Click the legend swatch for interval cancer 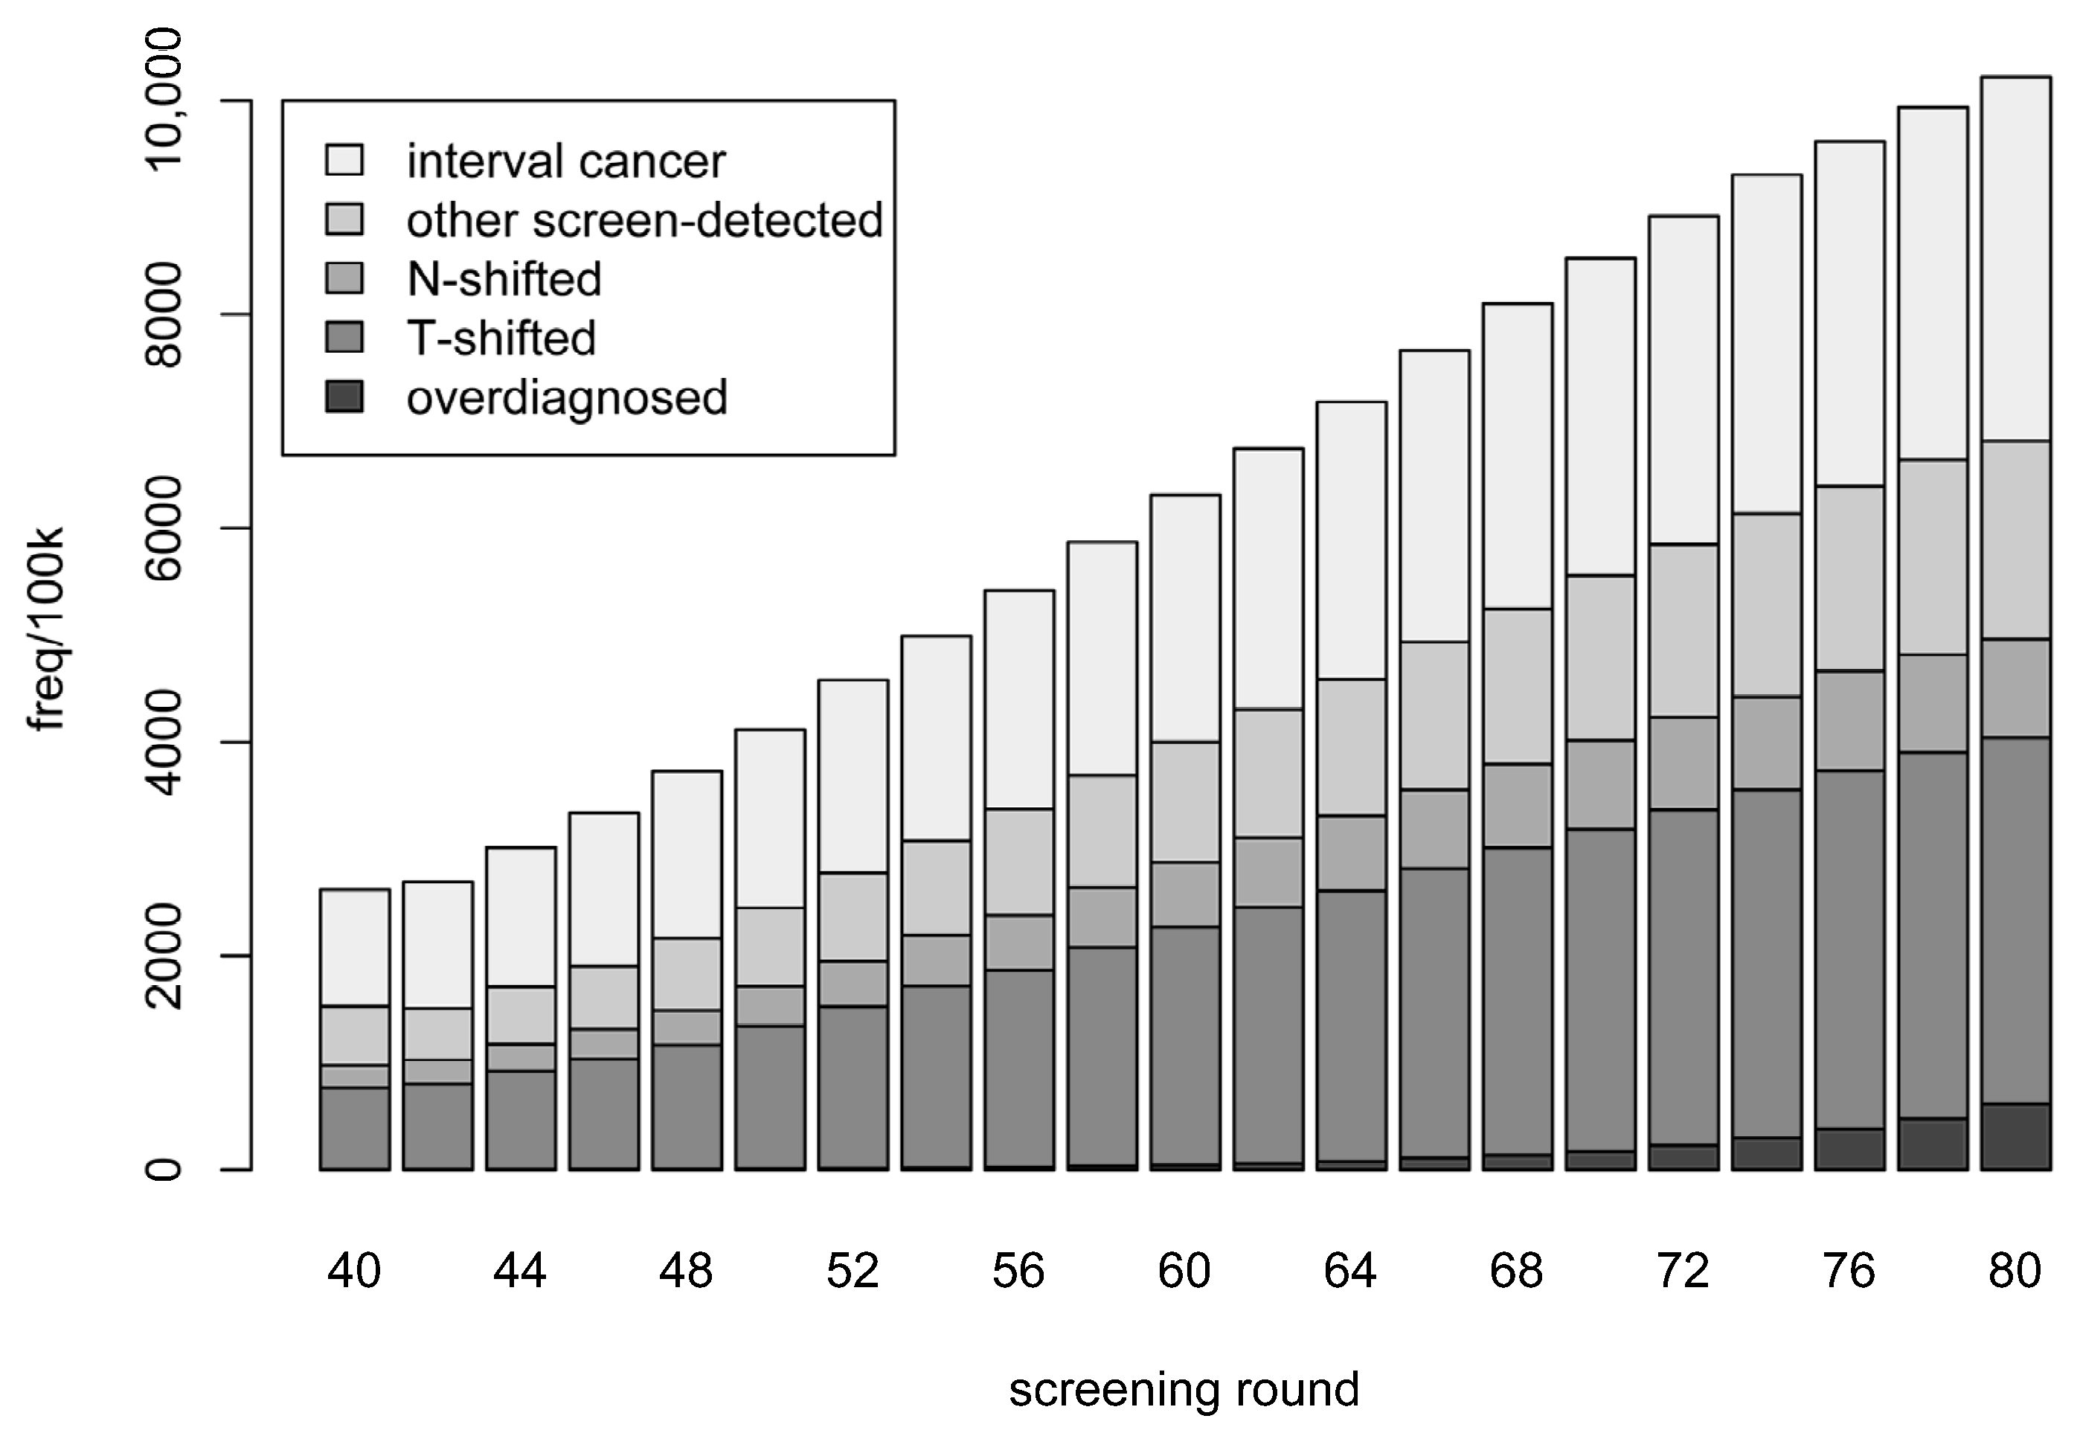click(344, 161)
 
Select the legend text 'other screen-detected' click(644, 220)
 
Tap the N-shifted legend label click(504, 279)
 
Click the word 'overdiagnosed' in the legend click(567, 397)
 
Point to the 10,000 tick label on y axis click(164, 99)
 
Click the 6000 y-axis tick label click(164, 528)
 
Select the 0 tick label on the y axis click(164, 1170)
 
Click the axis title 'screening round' click(1184, 1389)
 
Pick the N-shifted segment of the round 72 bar click(1683, 763)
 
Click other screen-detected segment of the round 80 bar click(2016, 540)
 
